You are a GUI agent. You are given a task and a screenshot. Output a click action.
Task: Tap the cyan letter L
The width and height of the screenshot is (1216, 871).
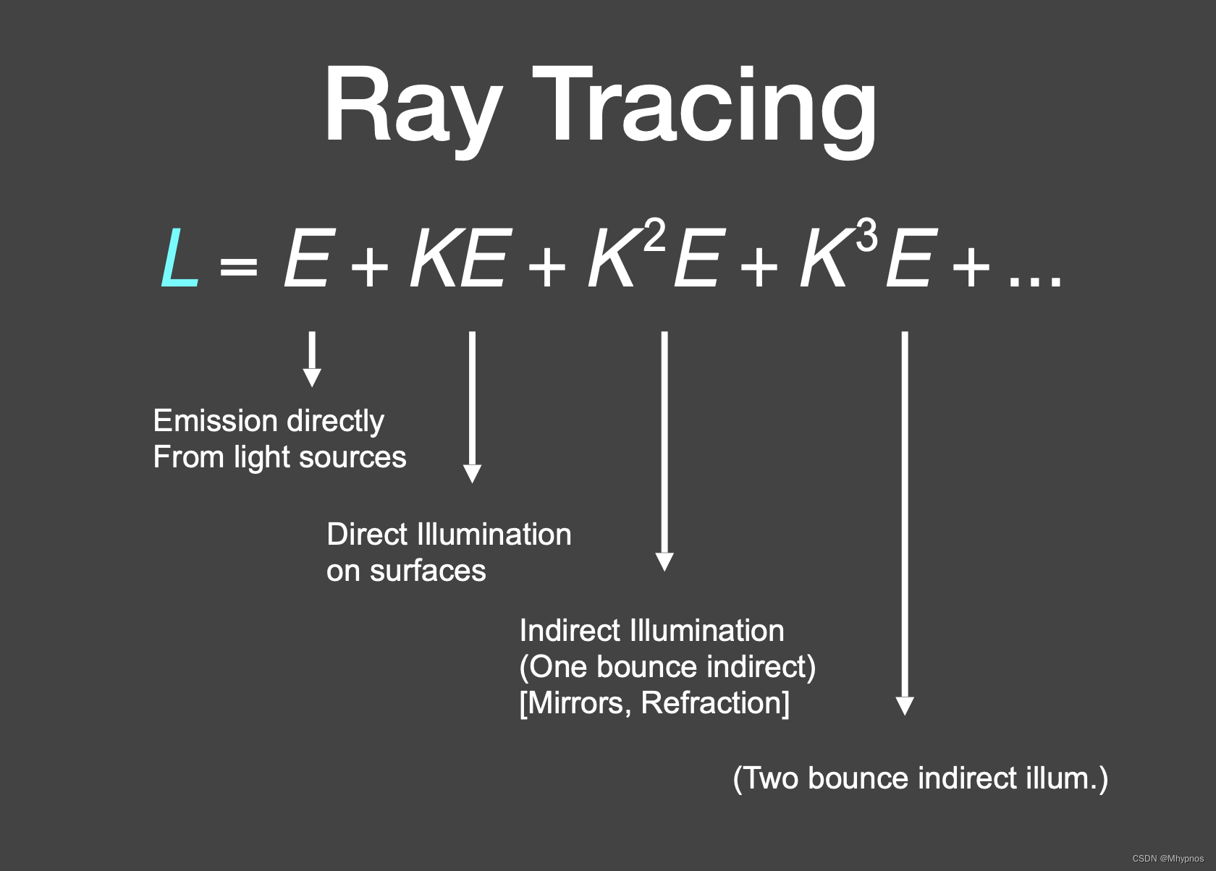(x=179, y=258)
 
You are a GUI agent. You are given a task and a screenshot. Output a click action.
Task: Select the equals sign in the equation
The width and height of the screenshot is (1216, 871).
(x=238, y=266)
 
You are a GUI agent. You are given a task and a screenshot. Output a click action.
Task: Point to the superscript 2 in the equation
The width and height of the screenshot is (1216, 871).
(x=654, y=236)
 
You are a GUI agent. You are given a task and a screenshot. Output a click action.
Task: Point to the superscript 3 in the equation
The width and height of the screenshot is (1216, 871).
(x=866, y=236)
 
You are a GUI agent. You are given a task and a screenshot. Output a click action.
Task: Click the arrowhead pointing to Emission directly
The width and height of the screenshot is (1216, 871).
(x=312, y=377)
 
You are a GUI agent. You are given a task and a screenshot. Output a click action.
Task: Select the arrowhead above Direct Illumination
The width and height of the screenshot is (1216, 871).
(x=472, y=473)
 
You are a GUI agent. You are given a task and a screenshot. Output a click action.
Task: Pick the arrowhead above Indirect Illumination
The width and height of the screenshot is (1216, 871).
(x=664, y=561)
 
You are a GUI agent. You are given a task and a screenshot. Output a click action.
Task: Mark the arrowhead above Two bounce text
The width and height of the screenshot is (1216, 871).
(x=905, y=705)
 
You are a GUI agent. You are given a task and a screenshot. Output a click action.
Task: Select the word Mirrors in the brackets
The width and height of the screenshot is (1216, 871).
(x=575, y=703)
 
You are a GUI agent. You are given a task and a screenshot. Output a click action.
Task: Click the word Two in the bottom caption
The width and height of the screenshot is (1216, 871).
(x=772, y=778)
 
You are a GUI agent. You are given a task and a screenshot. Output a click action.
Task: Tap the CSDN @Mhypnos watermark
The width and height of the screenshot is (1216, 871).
(x=1168, y=859)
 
